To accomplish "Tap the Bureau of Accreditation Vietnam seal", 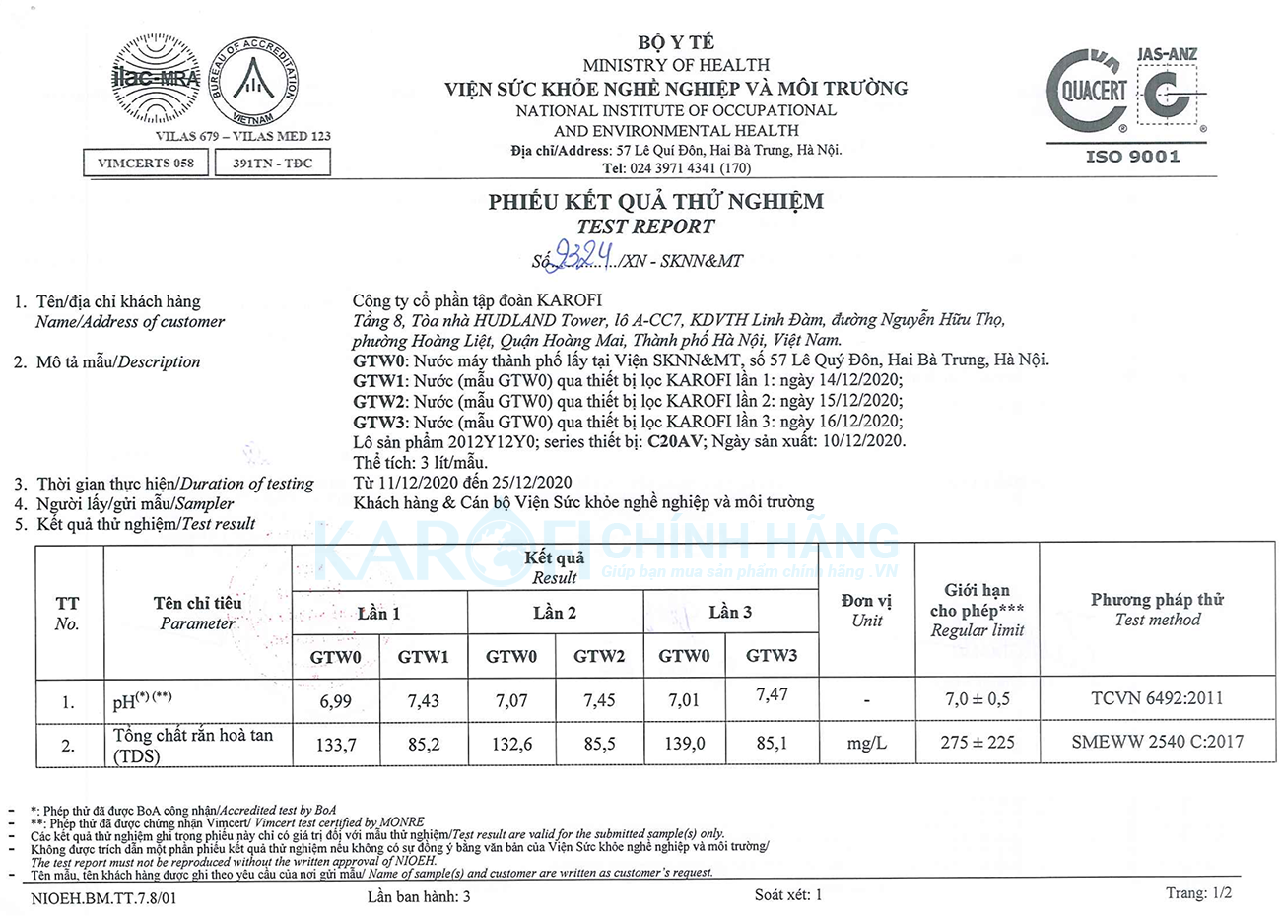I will pos(253,83).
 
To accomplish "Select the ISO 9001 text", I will pos(1132,156).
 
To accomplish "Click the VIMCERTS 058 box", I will pos(146,163).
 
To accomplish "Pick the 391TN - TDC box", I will pos(272,163).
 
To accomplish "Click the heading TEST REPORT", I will pos(645,227).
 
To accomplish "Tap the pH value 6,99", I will pos(336,701).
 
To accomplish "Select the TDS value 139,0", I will pos(684,744).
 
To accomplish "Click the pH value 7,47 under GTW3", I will pos(771,695).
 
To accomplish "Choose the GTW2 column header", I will pos(599,656).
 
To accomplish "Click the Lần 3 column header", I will pos(730,613).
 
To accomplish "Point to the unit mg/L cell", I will pos(866,743).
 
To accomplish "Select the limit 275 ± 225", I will pos(977,742).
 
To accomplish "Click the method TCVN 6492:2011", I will pos(1157,698).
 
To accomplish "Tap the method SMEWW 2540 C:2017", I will pos(1157,742).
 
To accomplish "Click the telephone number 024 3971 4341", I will pos(689,168).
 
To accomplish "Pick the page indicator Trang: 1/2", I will pos(1198,893).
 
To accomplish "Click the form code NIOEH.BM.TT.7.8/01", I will pos(105,897).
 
